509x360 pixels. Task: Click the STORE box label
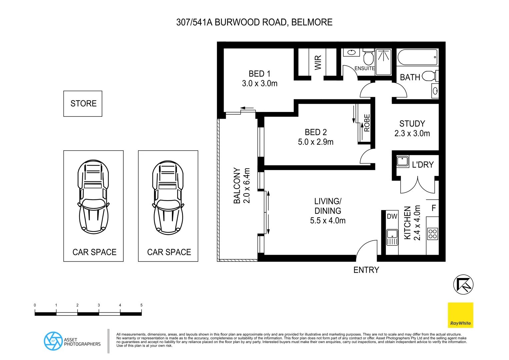[x=83, y=104]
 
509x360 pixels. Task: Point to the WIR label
[x=318, y=62]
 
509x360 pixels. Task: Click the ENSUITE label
[x=364, y=68]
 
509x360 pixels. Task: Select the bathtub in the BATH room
[x=417, y=57]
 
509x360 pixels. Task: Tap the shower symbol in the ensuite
[x=383, y=62]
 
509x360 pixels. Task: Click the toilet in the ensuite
[x=368, y=57]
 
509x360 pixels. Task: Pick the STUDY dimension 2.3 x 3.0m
[x=412, y=134]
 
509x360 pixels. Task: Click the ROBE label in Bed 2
[x=367, y=123]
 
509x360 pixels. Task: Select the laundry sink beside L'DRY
[x=403, y=161]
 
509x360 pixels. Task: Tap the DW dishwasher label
[x=392, y=216]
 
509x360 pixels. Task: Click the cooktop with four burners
[x=432, y=234]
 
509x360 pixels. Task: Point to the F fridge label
[x=434, y=208]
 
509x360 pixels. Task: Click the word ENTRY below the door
[x=366, y=270]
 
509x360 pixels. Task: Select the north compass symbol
[x=463, y=284]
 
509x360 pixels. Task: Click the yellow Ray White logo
[x=460, y=315]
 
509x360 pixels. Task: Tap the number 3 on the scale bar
[x=99, y=305]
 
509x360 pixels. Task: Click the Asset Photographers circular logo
[x=53, y=341]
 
